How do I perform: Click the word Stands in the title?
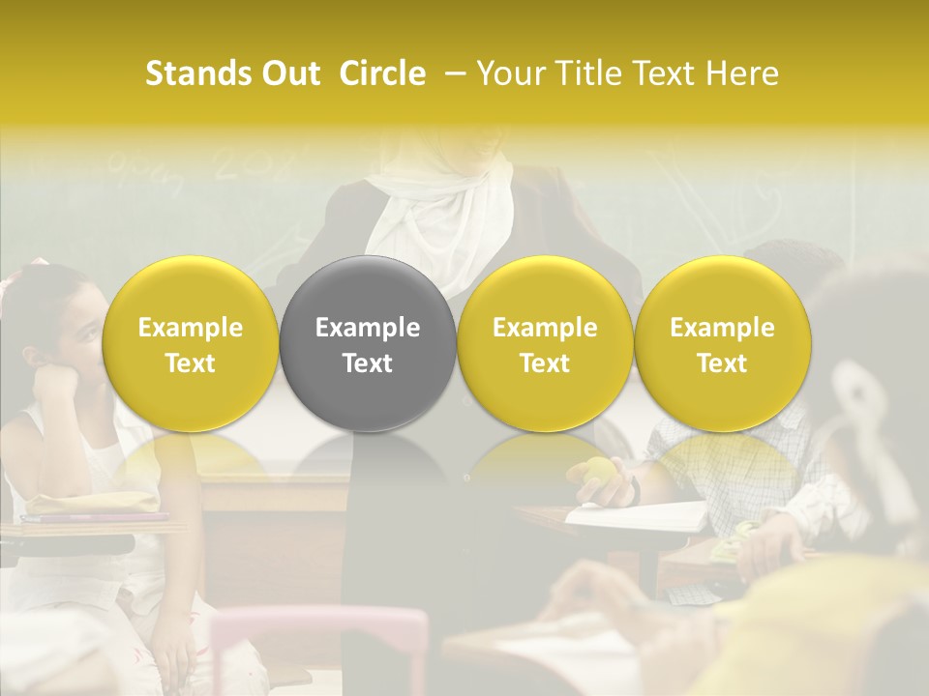[x=196, y=73]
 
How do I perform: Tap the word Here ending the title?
[x=741, y=73]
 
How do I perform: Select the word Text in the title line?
[x=663, y=73]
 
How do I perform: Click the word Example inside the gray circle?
[x=368, y=328]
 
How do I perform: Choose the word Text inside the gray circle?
[x=368, y=363]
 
